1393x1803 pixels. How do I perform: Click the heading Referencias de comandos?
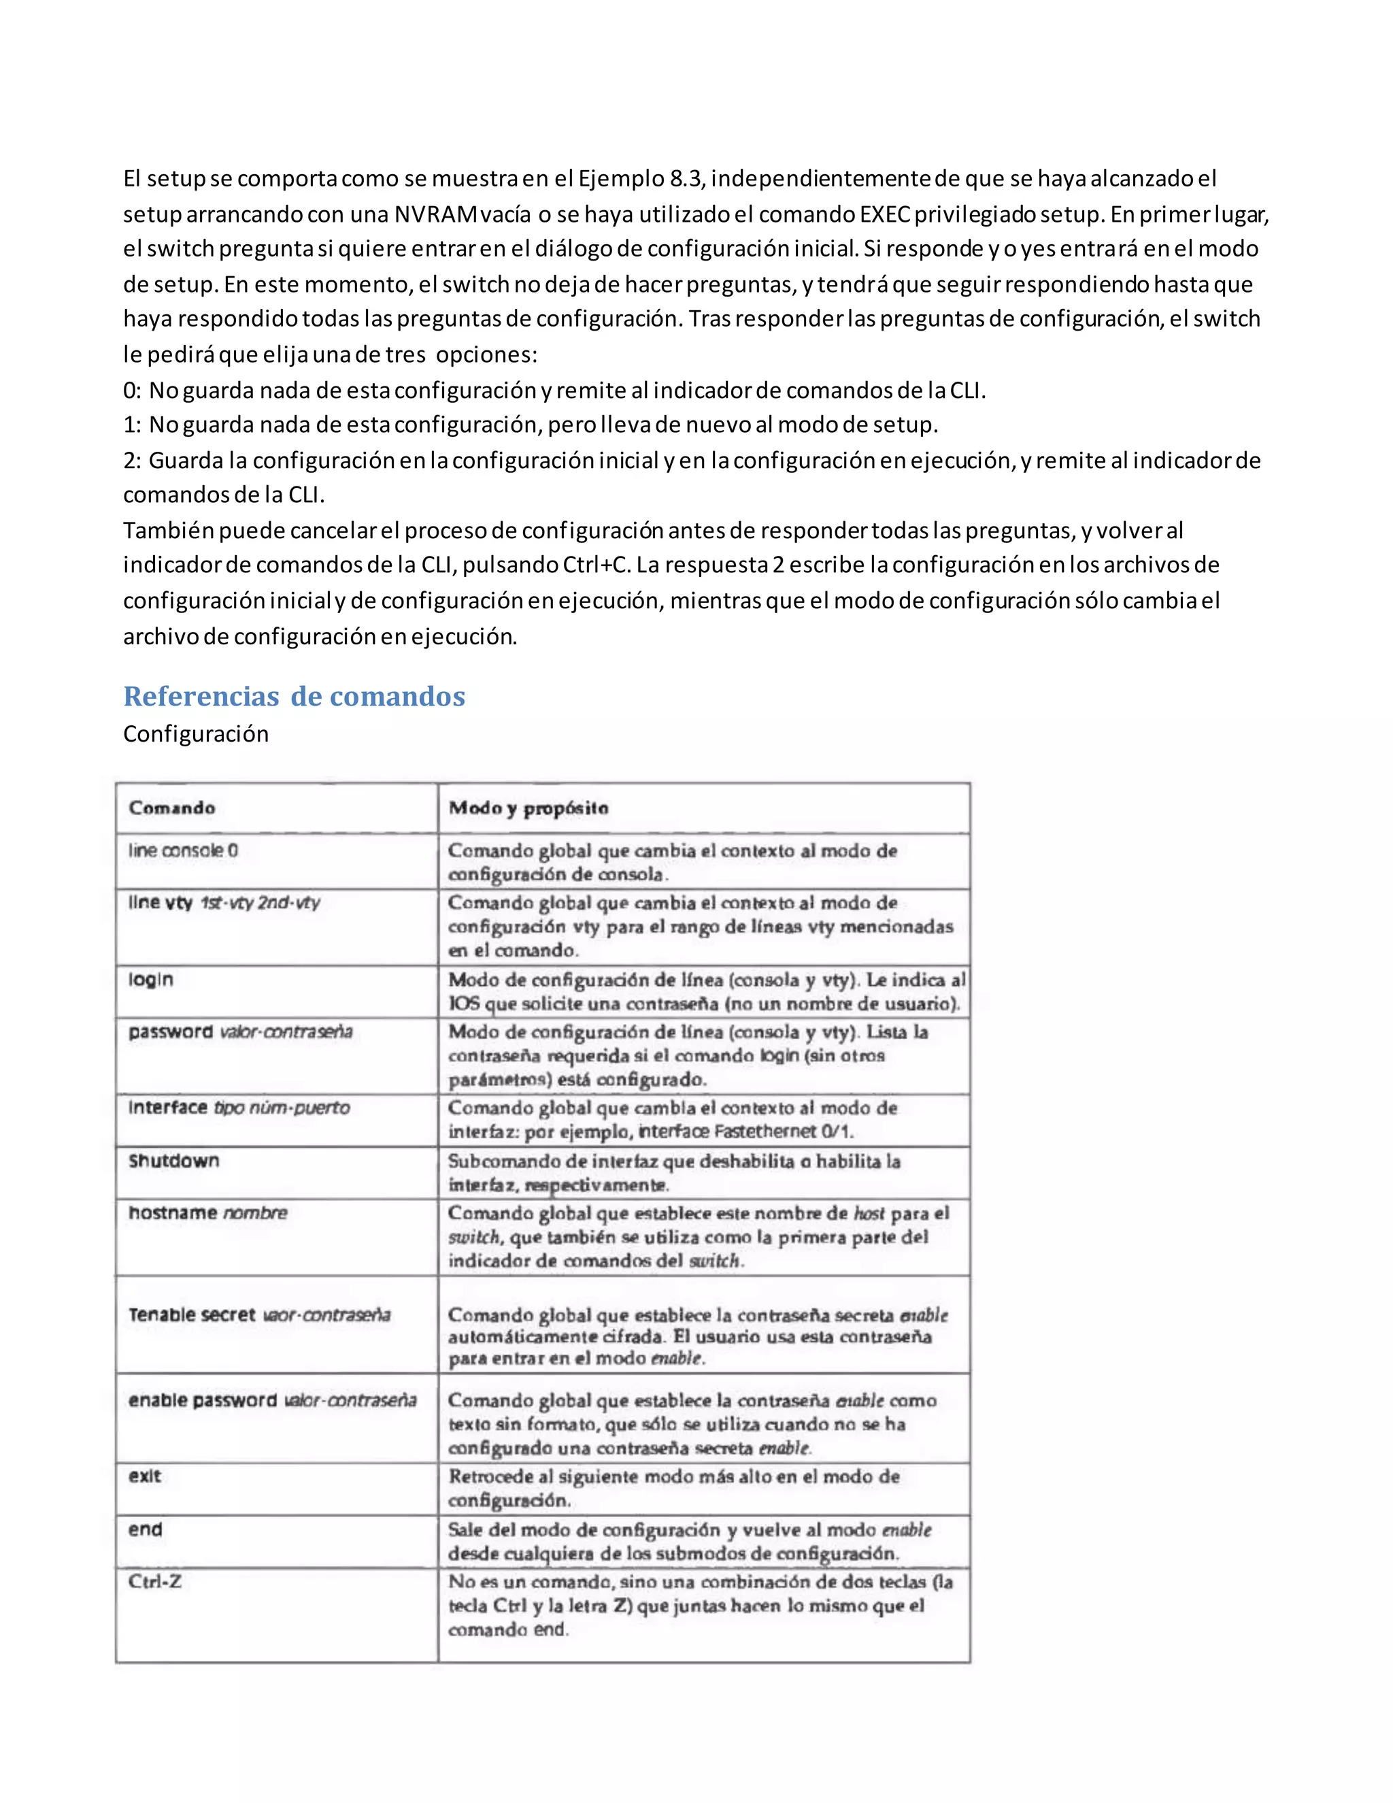[x=294, y=696]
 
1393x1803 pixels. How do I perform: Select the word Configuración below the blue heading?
[x=196, y=734]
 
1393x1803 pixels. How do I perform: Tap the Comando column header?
[x=171, y=808]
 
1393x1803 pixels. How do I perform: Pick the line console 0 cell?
[x=183, y=850]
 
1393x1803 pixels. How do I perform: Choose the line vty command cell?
[x=224, y=902]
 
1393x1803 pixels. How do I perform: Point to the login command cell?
[x=151, y=980]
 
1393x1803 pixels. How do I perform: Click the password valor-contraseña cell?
[x=240, y=1032]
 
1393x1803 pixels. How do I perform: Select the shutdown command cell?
[x=174, y=1161]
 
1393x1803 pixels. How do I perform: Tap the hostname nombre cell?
[x=208, y=1212]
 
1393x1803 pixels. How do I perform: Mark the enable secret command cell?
[x=259, y=1314]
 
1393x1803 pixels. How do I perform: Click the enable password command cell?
[x=272, y=1400]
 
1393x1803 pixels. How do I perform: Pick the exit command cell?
[x=146, y=1476]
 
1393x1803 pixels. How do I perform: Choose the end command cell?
[x=146, y=1529]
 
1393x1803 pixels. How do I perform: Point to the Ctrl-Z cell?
[x=155, y=1582]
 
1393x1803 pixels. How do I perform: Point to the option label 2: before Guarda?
[x=132, y=460]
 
